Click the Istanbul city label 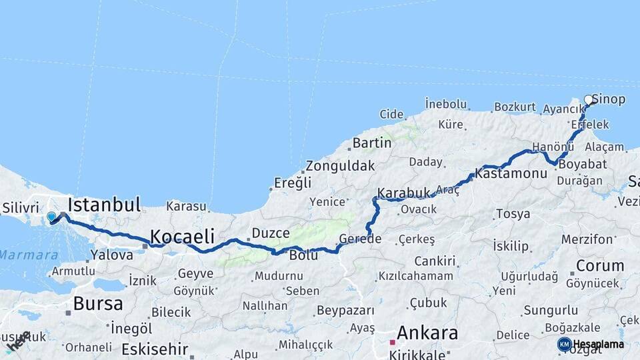tap(104, 204)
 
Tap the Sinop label tap(609, 99)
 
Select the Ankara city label tap(427, 333)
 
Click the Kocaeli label tap(182, 236)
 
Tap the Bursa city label tap(98, 304)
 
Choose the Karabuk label tap(404, 193)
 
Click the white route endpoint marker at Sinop tap(588, 99)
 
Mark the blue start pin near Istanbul tap(51, 216)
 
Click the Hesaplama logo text tap(599, 345)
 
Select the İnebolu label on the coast tap(446, 103)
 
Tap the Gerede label tap(360, 239)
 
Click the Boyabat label tap(573, 164)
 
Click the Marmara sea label tap(20, 255)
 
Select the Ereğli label tap(294, 183)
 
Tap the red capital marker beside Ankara tap(393, 341)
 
